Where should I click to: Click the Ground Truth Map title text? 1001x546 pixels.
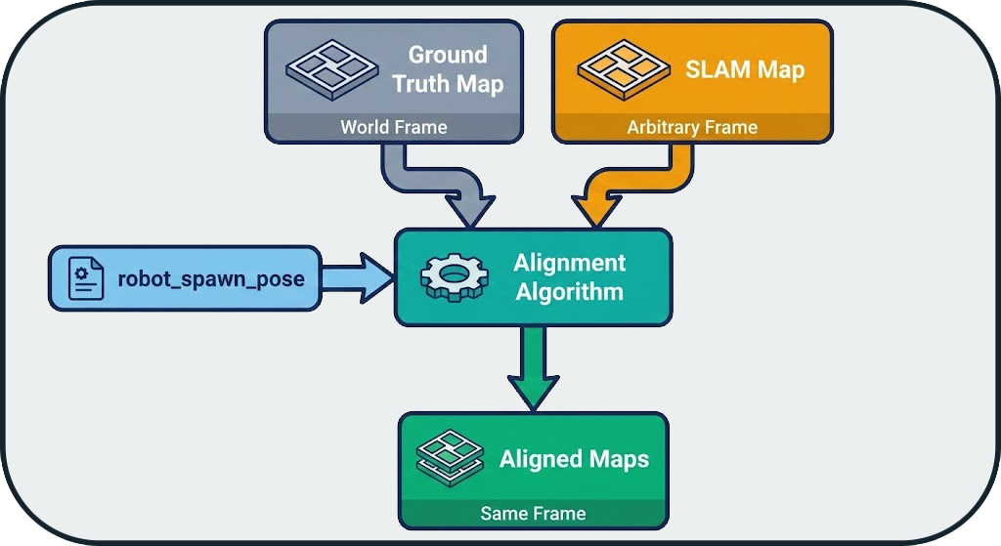[448, 68]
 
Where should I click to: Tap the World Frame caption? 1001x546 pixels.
[393, 127]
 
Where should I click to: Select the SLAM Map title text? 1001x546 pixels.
[745, 69]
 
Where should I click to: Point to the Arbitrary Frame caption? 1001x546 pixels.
[692, 127]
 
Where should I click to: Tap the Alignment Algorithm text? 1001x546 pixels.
[569, 277]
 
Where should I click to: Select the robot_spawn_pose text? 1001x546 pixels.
[211, 279]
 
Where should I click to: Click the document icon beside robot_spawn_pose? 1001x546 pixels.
[86, 278]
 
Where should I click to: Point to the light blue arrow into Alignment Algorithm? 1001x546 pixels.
[357, 278]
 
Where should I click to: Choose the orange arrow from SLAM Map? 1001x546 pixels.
[635, 186]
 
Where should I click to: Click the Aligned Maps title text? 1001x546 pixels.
[574, 459]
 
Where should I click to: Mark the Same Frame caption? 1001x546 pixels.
[533, 513]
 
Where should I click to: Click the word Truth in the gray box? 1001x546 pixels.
[421, 84]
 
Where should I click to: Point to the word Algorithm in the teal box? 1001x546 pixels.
[569, 291]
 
